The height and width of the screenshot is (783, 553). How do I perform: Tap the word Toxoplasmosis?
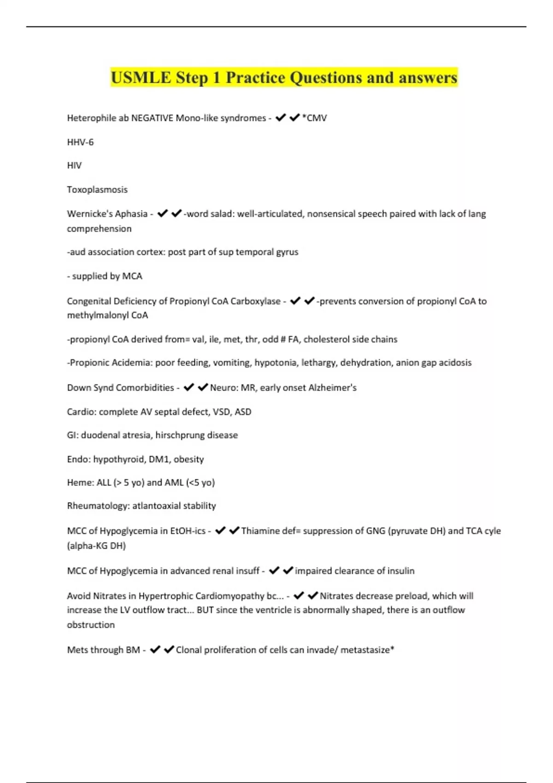tap(97, 189)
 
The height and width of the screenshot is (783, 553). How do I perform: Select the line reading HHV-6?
tap(80, 142)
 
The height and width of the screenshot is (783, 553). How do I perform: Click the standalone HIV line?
tap(74, 165)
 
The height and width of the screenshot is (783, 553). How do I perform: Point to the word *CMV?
tap(314, 118)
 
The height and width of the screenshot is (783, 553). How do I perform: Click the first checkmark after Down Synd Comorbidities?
tap(188, 388)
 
